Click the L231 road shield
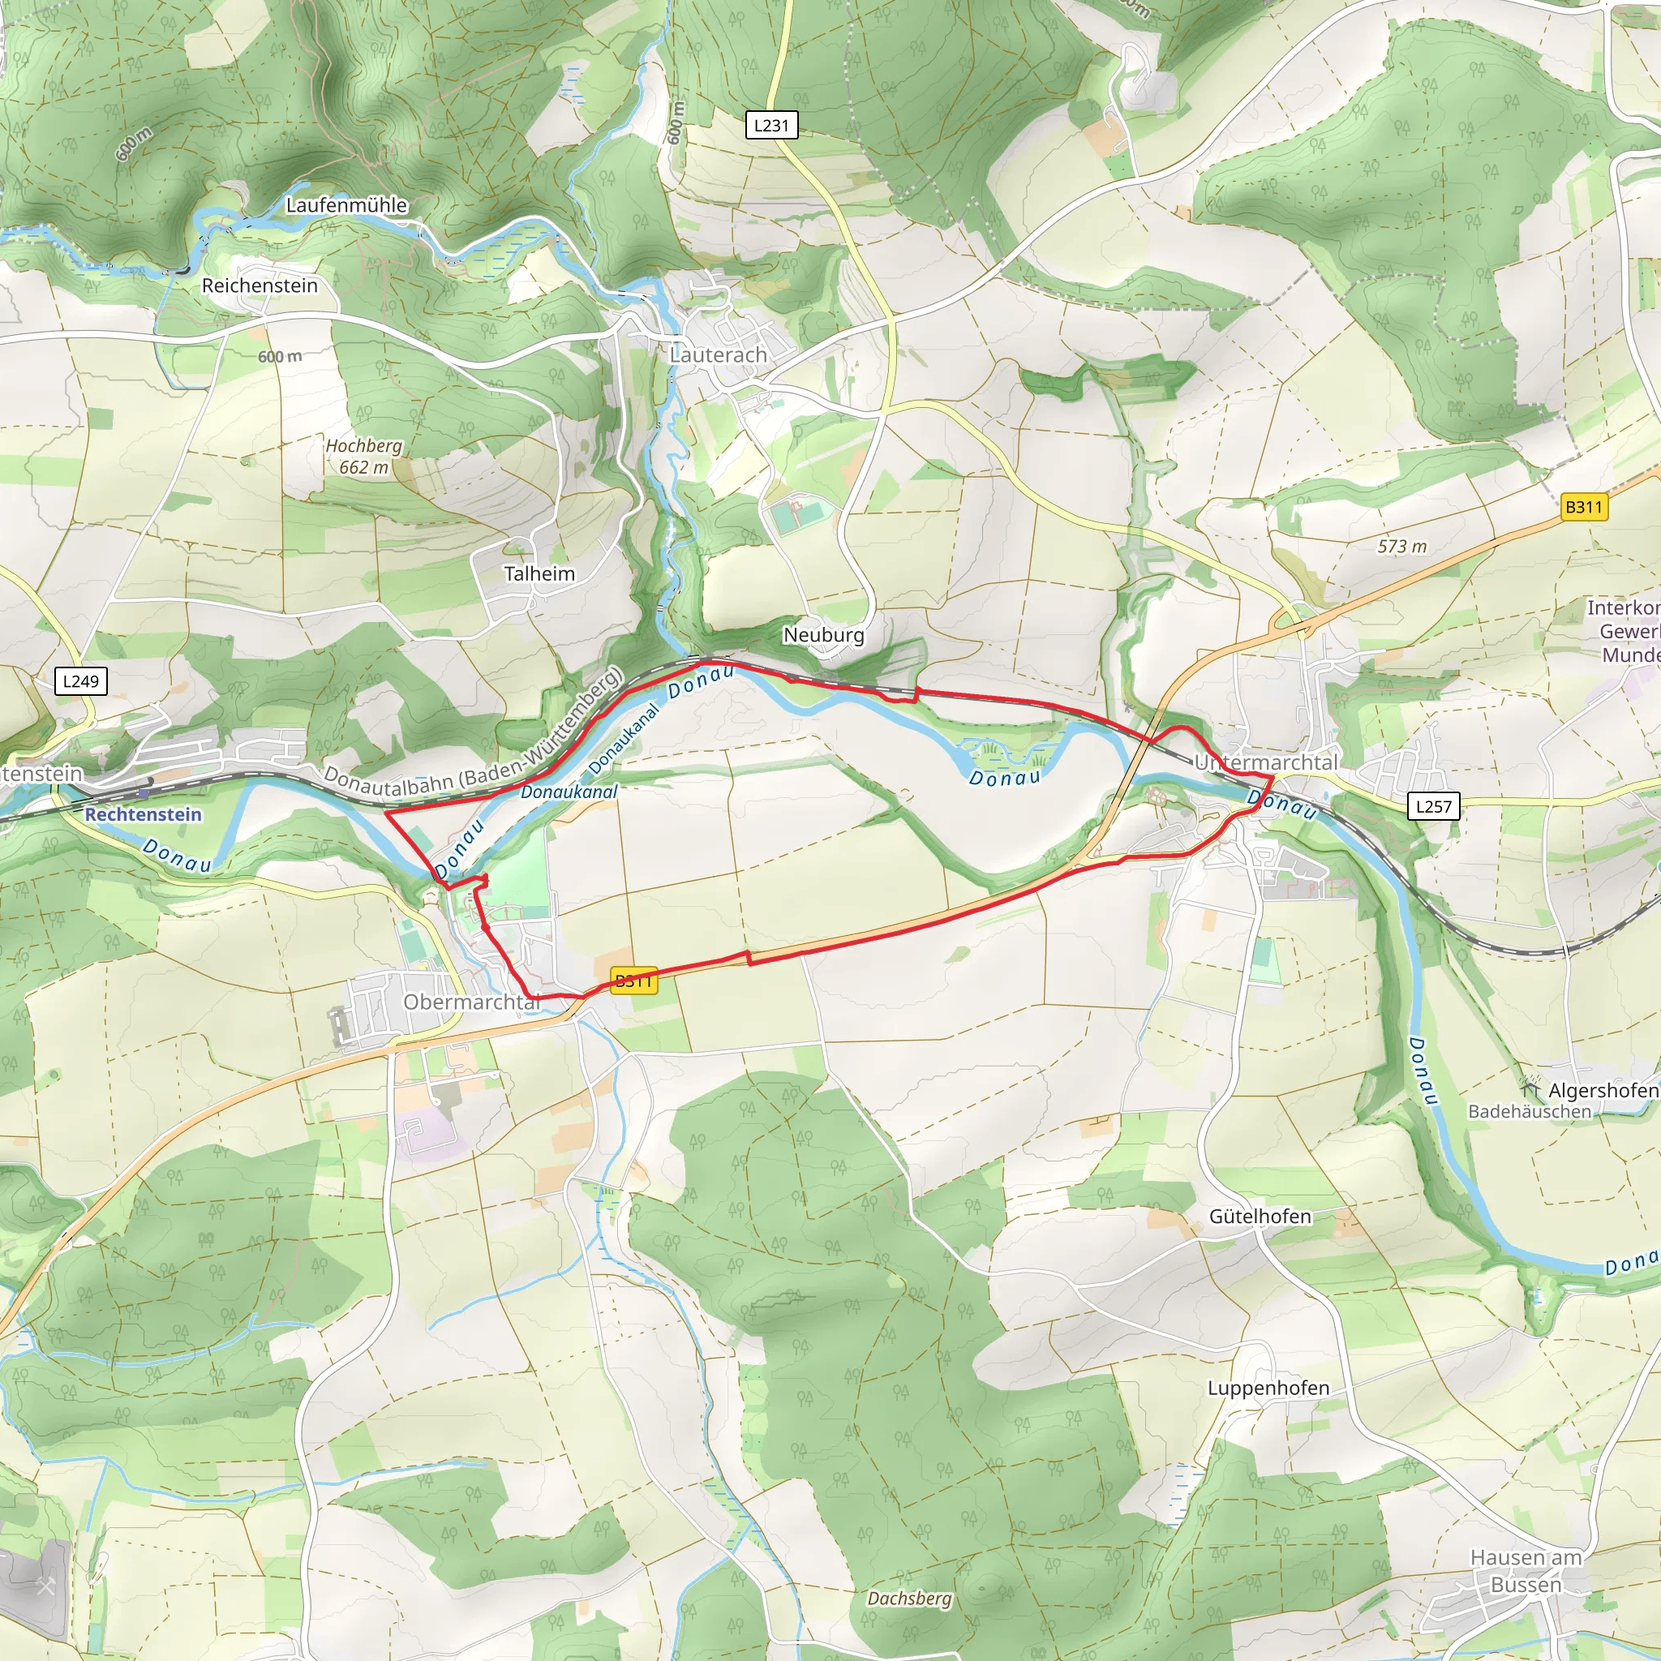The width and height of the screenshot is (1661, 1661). (x=771, y=126)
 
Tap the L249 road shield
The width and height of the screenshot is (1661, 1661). (x=81, y=681)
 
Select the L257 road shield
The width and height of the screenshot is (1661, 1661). (x=1433, y=806)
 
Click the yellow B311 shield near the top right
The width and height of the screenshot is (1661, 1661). (x=1584, y=507)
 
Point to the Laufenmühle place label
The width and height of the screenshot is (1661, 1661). (x=346, y=205)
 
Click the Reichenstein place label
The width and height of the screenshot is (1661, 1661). (x=260, y=285)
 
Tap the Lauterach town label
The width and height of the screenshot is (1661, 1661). (x=718, y=354)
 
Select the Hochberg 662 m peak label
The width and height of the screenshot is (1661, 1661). (x=363, y=457)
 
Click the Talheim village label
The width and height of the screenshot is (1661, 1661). (x=539, y=573)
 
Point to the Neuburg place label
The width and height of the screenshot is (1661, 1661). (x=822, y=634)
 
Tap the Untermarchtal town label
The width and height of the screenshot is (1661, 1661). (x=1265, y=762)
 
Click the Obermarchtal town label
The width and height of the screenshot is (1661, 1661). (x=471, y=1002)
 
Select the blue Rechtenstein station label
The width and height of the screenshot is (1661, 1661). (x=143, y=814)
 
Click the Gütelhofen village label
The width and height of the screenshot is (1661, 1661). (x=1260, y=1216)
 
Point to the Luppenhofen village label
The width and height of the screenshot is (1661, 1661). (x=1268, y=1388)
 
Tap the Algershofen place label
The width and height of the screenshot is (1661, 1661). (x=1602, y=1090)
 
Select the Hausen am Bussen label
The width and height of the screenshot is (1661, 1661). (x=1526, y=1570)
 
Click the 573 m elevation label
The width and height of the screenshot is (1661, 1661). (x=1401, y=546)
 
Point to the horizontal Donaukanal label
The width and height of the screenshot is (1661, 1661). (x=569, y=792)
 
